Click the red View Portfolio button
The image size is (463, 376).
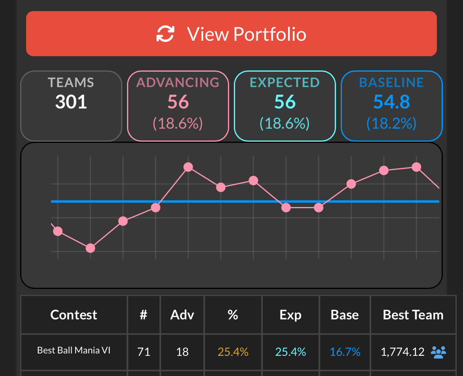(x=231, y=34)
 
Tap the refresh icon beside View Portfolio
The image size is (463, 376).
(x=165, y=34)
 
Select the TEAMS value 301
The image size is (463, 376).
(x=71, y=102)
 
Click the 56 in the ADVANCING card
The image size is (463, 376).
(x=178, y=102)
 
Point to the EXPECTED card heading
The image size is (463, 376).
(x=285, y=82)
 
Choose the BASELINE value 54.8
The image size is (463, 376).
(x=391, y=102)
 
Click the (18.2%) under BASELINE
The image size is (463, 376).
(x=391, y=124)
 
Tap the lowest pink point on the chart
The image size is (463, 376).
(x=90, y=248)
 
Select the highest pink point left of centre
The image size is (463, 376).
(x=188, y=167)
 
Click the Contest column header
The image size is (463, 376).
(x=74, y=315)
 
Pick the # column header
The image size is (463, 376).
(x=144, y=315)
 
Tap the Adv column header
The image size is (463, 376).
(x=182, y=315)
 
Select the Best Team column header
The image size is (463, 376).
(x=413, y=315)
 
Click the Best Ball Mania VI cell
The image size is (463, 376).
(x=74, y=350)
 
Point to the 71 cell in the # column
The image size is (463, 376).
(x=144, y=351)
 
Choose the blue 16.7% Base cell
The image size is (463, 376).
(x=345, y=351)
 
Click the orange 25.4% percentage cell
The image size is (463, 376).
(x=233, y=351)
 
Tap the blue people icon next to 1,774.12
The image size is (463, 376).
(x=438, y=351)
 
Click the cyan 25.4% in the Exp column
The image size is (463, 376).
(x=290, y=351)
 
